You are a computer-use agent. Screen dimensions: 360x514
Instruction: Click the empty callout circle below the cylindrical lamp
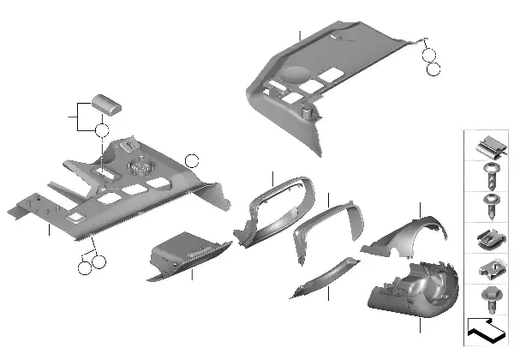[102, 131]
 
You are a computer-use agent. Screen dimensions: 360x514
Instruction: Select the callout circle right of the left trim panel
[192, 159]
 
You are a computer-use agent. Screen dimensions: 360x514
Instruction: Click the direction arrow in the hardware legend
[484, 329]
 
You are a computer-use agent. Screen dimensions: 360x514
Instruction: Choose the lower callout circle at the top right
[433, 68]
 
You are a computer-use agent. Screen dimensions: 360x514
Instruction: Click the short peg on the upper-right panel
[306, 110]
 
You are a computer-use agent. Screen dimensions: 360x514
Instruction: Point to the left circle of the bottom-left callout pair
[84, 268]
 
